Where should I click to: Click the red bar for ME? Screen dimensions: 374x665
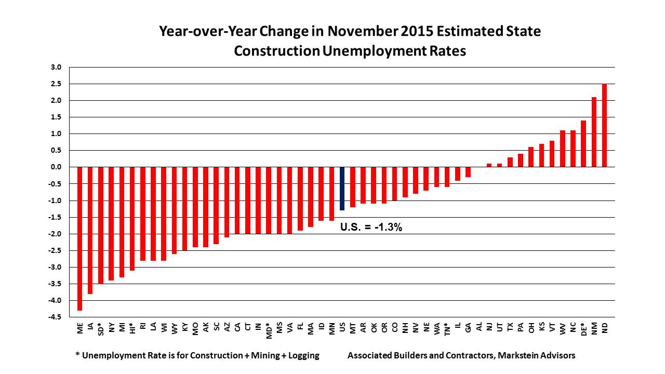coord(80,238)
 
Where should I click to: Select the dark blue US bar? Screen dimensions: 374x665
coord(342,189)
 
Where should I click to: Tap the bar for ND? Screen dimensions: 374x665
coord(604,125)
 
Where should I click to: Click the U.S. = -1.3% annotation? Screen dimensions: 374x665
coord(371,226)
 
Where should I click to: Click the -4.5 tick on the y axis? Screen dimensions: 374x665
coord(55,317)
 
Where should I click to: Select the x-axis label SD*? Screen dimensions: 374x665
coord(101,328)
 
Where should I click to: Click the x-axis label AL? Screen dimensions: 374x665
coord(479,326)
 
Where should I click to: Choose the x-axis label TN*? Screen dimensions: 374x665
coord(447,328)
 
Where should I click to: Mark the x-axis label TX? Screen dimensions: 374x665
coord(510,326)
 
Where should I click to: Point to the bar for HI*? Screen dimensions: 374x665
coord(132,219)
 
